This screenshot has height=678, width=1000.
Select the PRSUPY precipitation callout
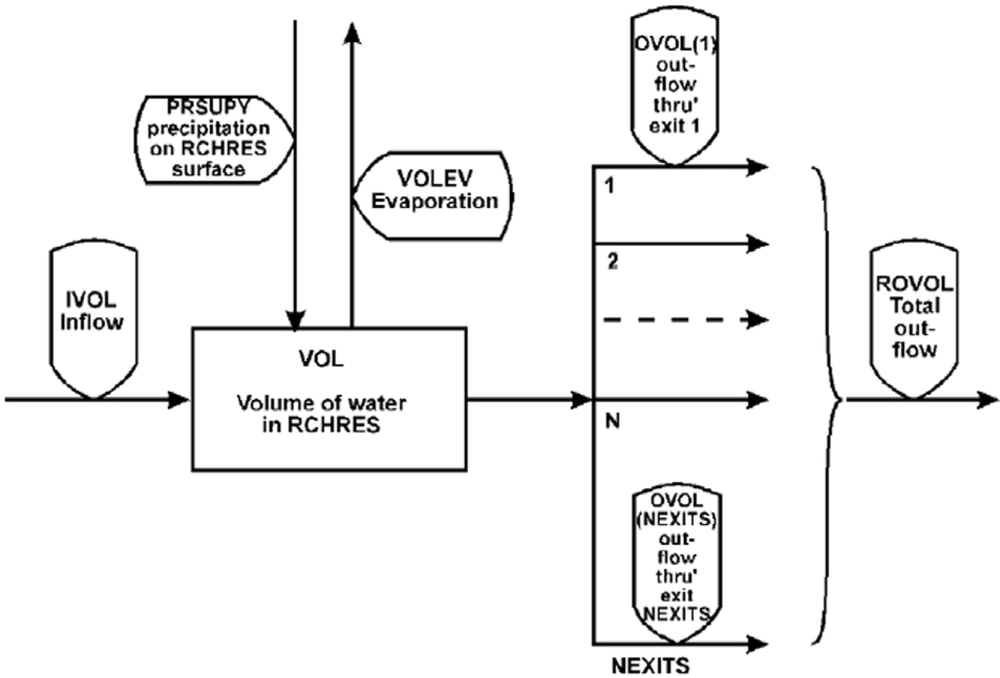pyautogui.click(x=211, y=140)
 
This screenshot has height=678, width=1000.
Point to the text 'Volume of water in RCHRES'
pyautogui.click(x=322, y=414)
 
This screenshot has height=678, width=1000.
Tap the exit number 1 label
pyautogui.click(x=609, y=186)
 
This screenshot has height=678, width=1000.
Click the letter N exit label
pyautogui.click(x=613, y=422)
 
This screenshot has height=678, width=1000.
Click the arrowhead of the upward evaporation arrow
pyautogui.click(x=352, y=34)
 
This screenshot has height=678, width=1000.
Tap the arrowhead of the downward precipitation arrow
pyautogui.click(x=295, y=320)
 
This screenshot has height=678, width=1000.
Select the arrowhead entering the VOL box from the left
pyautogui.click(x=178, y=400)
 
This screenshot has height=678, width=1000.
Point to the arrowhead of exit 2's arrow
pyautogui.click(x=757, y=244)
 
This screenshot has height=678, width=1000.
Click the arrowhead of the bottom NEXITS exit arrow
pyautogui.click(x=757, y=644)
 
